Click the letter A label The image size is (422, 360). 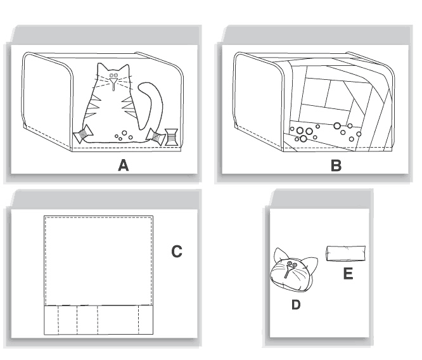pos(124,165)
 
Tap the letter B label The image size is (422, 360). pos(336,165)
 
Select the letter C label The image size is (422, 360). pos(177,252)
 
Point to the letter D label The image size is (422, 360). pos(296,304)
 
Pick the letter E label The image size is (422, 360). pos(348,274)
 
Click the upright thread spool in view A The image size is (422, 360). pos(172,138)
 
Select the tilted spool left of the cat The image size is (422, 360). pos(83,134)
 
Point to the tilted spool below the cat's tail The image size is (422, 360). pos(155,136)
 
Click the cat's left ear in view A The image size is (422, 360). pos(100,68)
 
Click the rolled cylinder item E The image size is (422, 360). pos(346,254)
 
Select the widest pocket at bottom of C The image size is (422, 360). pos(118,320)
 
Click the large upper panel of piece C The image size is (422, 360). pos(98,260)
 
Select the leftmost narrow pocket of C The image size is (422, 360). pos(51,320)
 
